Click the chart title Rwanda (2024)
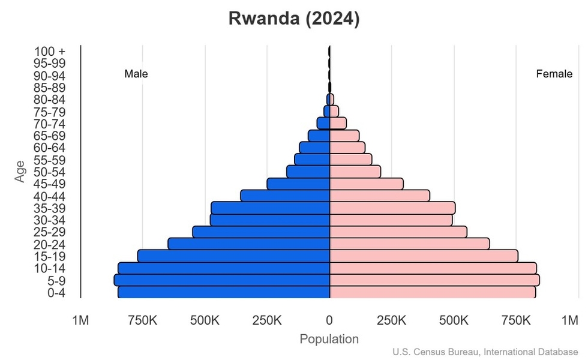293,19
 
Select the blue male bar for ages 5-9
222,280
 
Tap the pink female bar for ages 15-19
424,256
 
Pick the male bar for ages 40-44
285,196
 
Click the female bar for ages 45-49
367,184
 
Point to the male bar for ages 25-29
261,232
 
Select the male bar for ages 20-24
249,244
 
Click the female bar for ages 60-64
347,148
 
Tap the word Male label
136,74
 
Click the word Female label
554,74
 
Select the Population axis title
329,339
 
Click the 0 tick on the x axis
329,321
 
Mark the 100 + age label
50,52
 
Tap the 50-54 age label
50,172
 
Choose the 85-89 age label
50,88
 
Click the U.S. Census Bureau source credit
485,352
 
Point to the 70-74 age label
50,124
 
